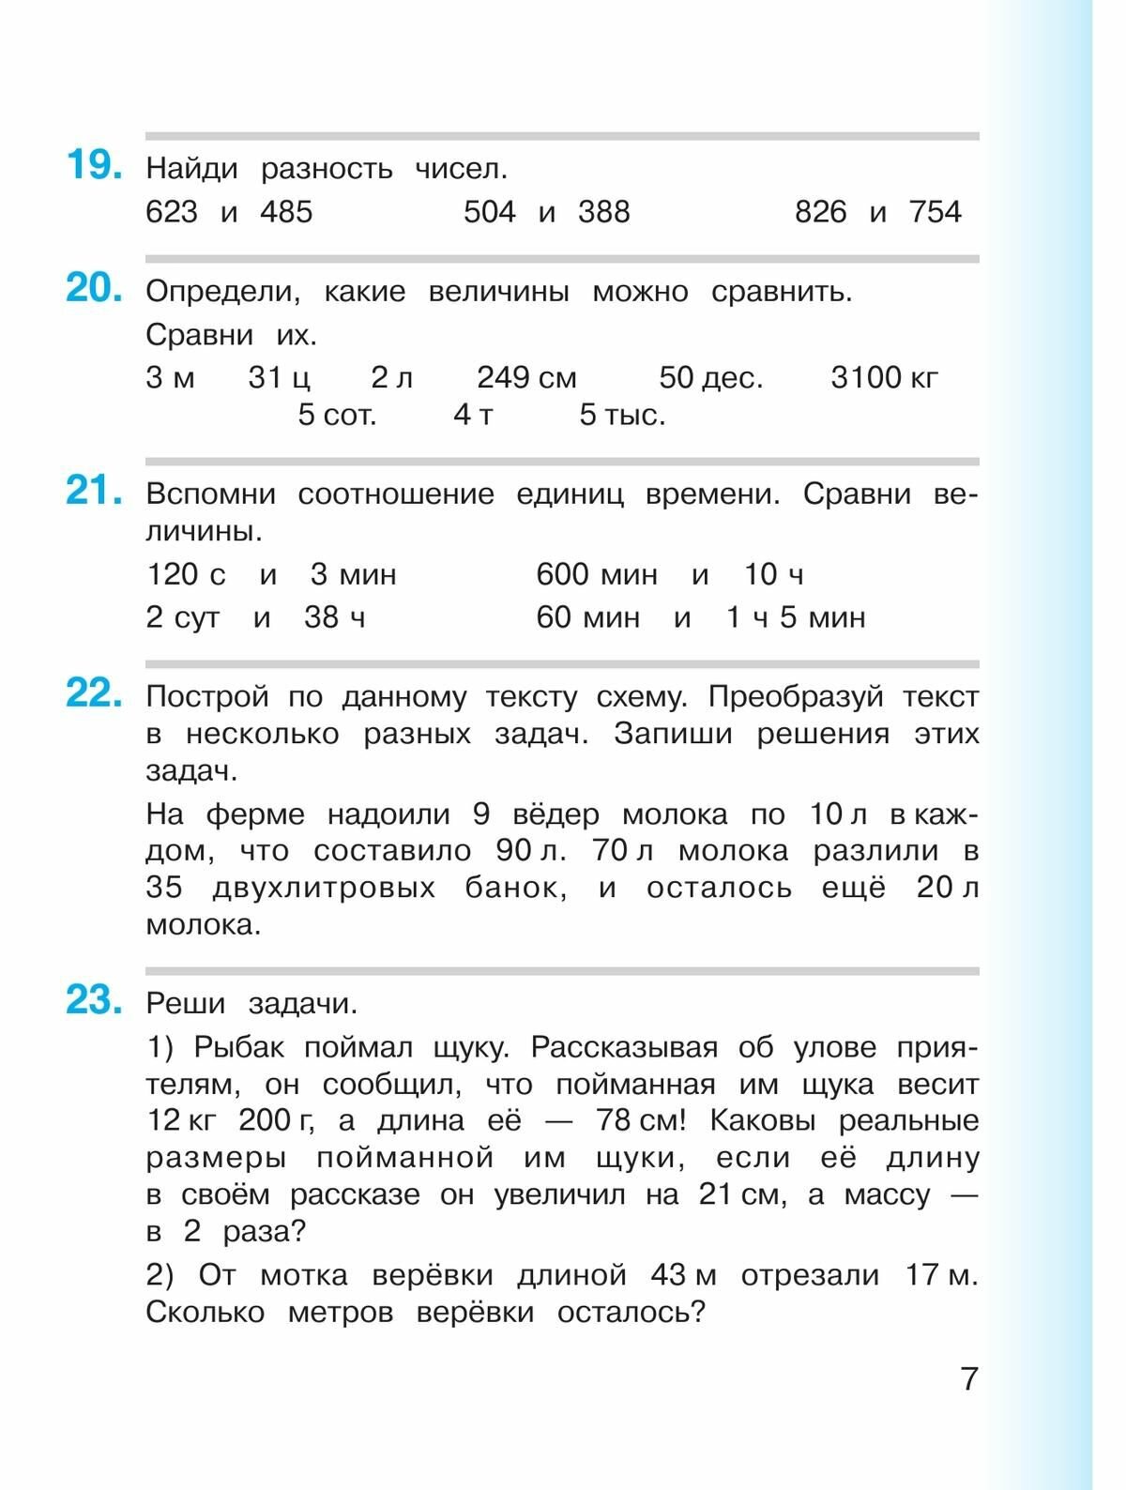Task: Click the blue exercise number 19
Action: (x=93, y=166)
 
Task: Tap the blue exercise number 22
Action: (x=93, y=694)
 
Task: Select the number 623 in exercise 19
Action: (x=172, y=212)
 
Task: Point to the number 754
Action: (x=935, y=212)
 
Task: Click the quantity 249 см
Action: (x=526, y=377)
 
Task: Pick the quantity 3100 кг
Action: (x=884, y=377)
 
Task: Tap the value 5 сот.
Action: (x=337, y=415)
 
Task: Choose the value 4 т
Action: (x=473, y=415)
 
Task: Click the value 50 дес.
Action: (x=710, y=377)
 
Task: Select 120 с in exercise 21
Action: (x=186, y=574)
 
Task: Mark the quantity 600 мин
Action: (x=597, y=574)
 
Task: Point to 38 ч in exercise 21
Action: (x=334, y=617)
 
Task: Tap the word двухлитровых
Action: (x=324, y=888)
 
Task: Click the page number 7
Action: (x=969, y=1378)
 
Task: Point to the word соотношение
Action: (x=395, y=494)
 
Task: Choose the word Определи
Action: (x=222, y=292)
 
